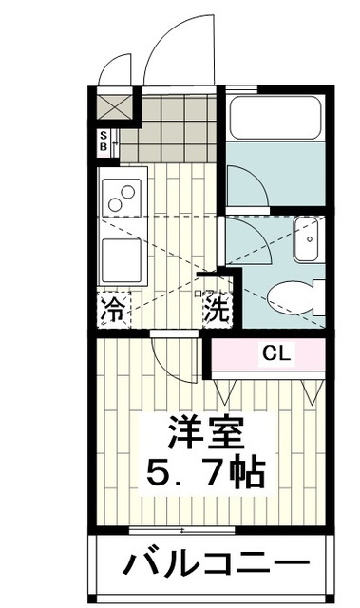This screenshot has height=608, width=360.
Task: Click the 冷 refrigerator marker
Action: tap(111, 309)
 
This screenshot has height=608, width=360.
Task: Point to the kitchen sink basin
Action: tap(121, 257)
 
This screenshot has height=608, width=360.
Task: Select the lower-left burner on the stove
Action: tap(117, 203)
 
